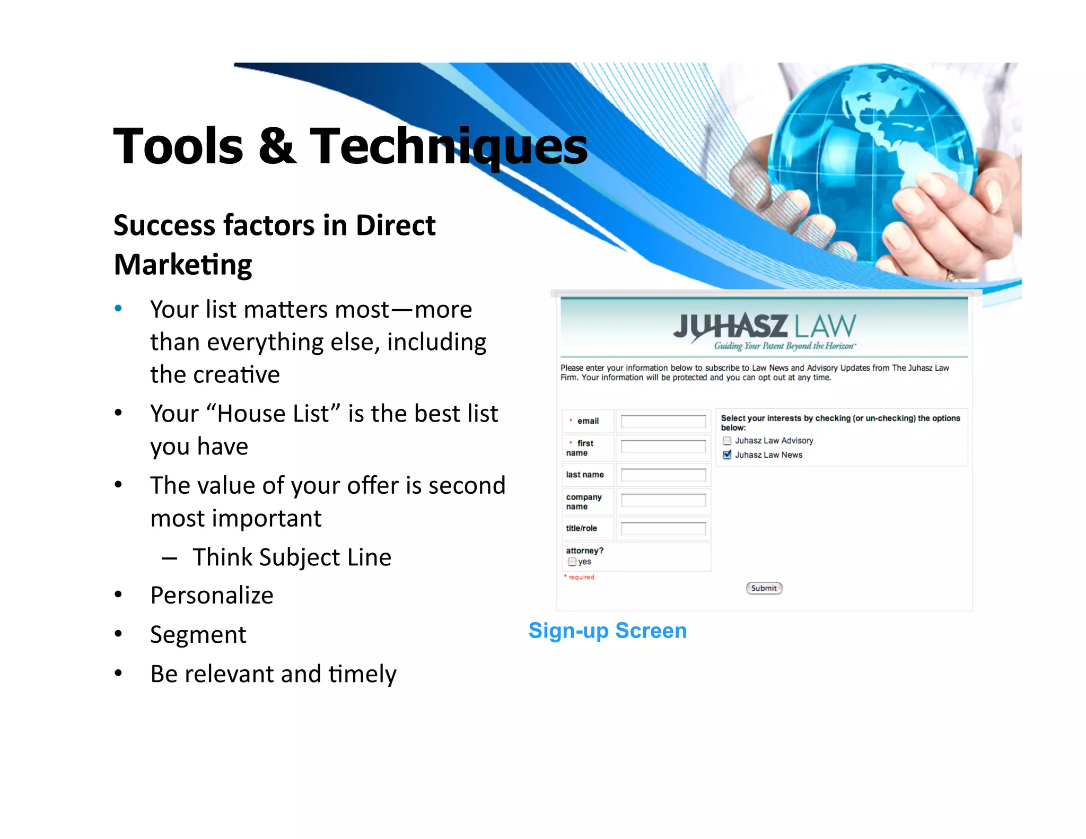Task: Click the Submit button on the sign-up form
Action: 764,588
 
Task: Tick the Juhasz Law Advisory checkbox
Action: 727,441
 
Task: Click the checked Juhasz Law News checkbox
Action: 727,455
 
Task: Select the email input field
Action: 663,421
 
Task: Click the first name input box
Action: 663,447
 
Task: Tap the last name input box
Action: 663,475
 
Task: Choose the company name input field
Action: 663,500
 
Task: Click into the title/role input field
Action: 663,528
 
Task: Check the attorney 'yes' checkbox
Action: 572,562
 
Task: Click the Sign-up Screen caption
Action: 608,631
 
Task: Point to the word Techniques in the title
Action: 448,146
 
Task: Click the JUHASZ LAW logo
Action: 764,326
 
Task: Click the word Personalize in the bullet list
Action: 212,595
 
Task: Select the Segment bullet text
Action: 198,634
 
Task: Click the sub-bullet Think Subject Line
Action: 292,557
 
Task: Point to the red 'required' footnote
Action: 581,577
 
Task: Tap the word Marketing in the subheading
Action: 183,265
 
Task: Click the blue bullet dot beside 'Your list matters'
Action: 118,309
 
